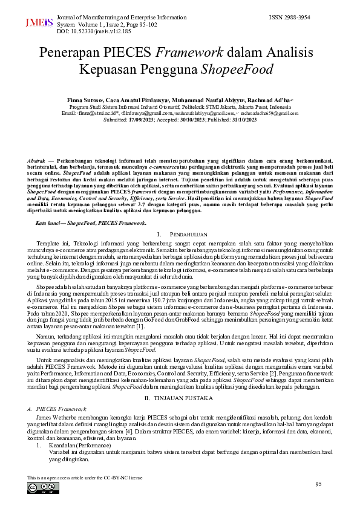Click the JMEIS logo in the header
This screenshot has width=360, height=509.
click(38, 24)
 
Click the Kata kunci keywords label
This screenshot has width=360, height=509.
click(51, 206)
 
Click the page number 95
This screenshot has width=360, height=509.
click(319, 484)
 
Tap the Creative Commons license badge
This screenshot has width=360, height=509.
click(43, 488)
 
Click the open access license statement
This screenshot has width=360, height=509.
click(85, 478)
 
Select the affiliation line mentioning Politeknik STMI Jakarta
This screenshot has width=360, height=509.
click(180, 106)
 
